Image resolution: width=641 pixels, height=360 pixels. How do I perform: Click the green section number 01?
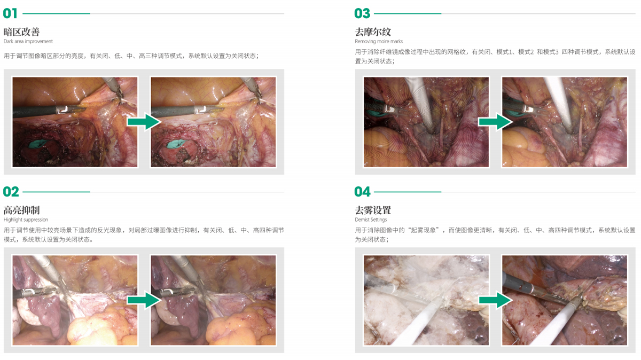pos(10,13)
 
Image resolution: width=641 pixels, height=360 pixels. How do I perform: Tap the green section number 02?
pos(11,192)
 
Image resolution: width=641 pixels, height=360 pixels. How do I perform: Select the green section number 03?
pos(362,13)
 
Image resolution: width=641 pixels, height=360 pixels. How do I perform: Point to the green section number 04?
pos(362,192)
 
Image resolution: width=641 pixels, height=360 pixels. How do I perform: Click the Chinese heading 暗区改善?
pos(21,32)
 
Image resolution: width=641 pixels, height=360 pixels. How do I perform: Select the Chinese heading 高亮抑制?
pos(21,210)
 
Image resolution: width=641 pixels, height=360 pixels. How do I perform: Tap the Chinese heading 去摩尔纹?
pos(373,32)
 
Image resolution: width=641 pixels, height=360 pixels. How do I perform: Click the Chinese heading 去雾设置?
pos(373,210)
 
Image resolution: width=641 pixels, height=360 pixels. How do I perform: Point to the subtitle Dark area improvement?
pos(28,42)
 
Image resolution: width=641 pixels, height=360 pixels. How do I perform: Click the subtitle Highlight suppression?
pos(26,220)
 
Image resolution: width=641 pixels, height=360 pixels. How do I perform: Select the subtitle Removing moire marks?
pos(379,42)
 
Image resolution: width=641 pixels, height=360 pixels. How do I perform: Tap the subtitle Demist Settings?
pos(371,220)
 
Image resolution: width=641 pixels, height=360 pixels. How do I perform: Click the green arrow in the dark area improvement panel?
pos(144,122)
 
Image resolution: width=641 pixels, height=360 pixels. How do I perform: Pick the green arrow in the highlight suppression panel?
pos(144,300)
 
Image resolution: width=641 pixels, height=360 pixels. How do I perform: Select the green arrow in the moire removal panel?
pos(495,122)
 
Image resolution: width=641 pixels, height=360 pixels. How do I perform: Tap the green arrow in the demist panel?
pos(495,300)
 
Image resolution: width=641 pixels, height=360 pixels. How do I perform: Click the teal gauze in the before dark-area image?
pos(38,144)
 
